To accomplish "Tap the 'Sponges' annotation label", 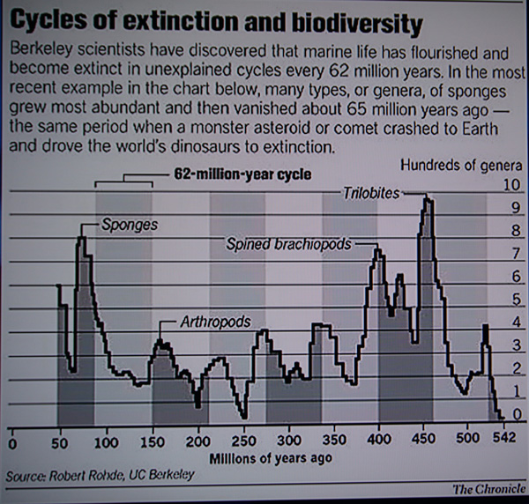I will click(x=130, y=225).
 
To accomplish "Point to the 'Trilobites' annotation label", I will click(x=372, y=191).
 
